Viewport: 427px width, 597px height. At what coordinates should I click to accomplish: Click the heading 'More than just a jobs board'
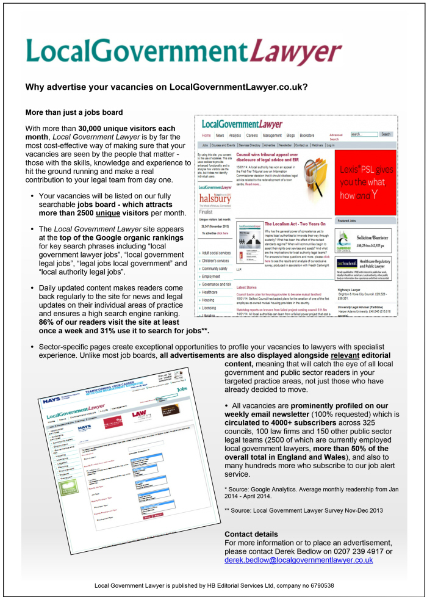coord(74,112)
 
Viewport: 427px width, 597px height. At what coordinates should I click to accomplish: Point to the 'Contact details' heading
coord(250,534)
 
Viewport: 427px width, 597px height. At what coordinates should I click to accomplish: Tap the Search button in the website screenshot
coord(386,134)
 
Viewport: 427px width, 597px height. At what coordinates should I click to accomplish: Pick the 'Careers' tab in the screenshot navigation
coord(253,135)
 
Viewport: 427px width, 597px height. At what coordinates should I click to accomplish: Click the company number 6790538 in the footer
coord(315,585)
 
